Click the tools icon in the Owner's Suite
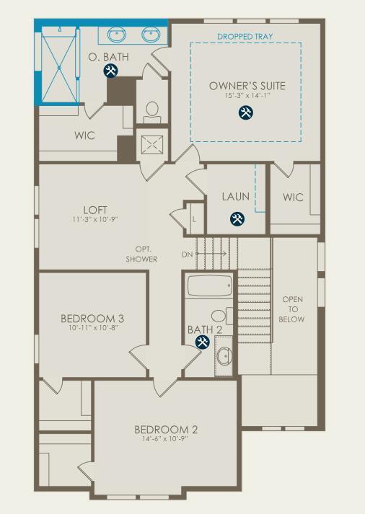pyautogui.click(x=245, y=112)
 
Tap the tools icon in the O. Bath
pyautogui.click(x=110, y=71)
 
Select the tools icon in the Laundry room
pyautogui.click(x=237, y=218)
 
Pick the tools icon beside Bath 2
pyautogui.click(x=203, y=342)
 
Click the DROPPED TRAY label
pyautogui.click(x=246, y=35)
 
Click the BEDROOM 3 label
pyautogui.click(x=92, y=319)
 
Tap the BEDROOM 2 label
pyautogui.click(x=166, y=430)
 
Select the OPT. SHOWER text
pyautogui.click(x=142, y=254)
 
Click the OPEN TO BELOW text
pyautogui.click(x=293, y=309)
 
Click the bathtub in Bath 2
pyautogui.click(x=210, y=285)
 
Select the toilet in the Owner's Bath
pyautogui.click(x=152, y=110)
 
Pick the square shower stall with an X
pyautogui.click(x=151, y=145)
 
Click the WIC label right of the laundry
pyautogui.click(x=293, y=197)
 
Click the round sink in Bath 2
pyautogui.click(x=224, y=355)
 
